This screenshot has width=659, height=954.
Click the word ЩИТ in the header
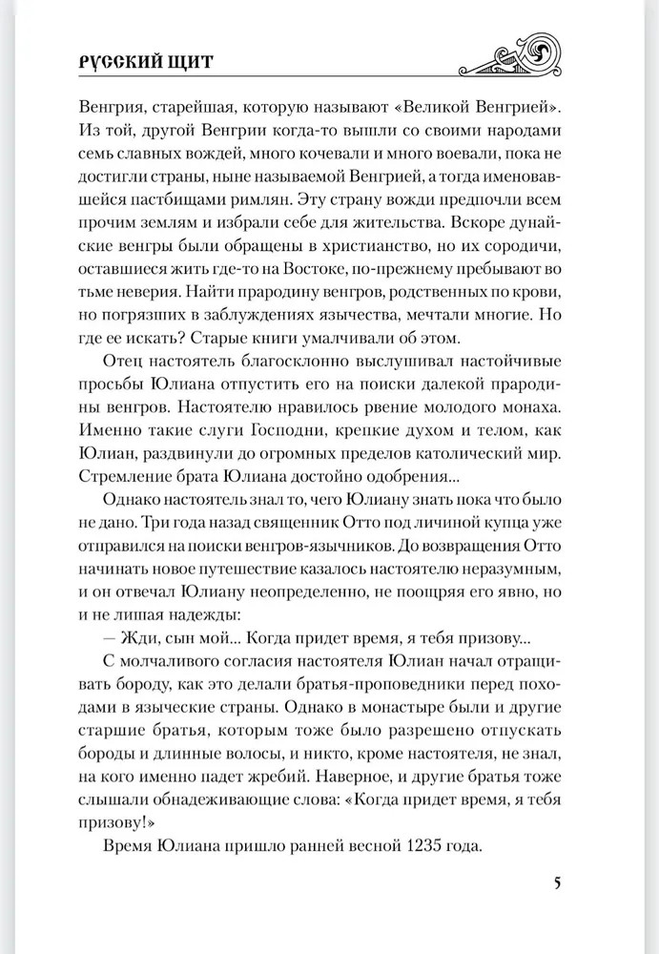[188, 62]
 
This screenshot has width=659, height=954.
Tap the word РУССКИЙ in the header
[120, 62]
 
